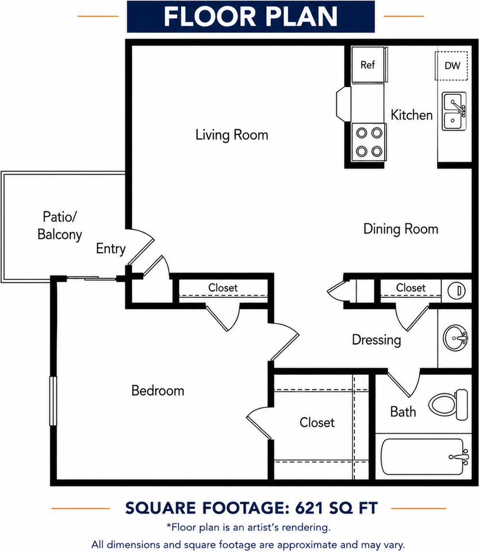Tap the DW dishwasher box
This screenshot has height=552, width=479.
point(451,66)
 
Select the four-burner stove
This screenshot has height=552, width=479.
point(369,142)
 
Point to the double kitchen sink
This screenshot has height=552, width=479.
point(454,111)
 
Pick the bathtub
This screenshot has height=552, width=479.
point(425,457)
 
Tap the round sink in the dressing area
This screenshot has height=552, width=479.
point(455,338)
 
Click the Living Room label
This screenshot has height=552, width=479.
point(232,135)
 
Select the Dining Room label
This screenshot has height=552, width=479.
point(401,229)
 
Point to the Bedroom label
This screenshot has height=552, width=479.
point(158,390)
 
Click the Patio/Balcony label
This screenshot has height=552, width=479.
point(60,225)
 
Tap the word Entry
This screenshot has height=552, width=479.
point(110,248)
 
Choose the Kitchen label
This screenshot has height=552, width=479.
point(411,115)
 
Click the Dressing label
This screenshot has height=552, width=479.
point(377,340)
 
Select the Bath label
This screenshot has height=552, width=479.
point(403,412)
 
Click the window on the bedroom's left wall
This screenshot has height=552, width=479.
point(53,401)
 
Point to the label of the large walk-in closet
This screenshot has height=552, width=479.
point(317,422)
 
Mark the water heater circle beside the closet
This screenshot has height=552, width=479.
point(457,291)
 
